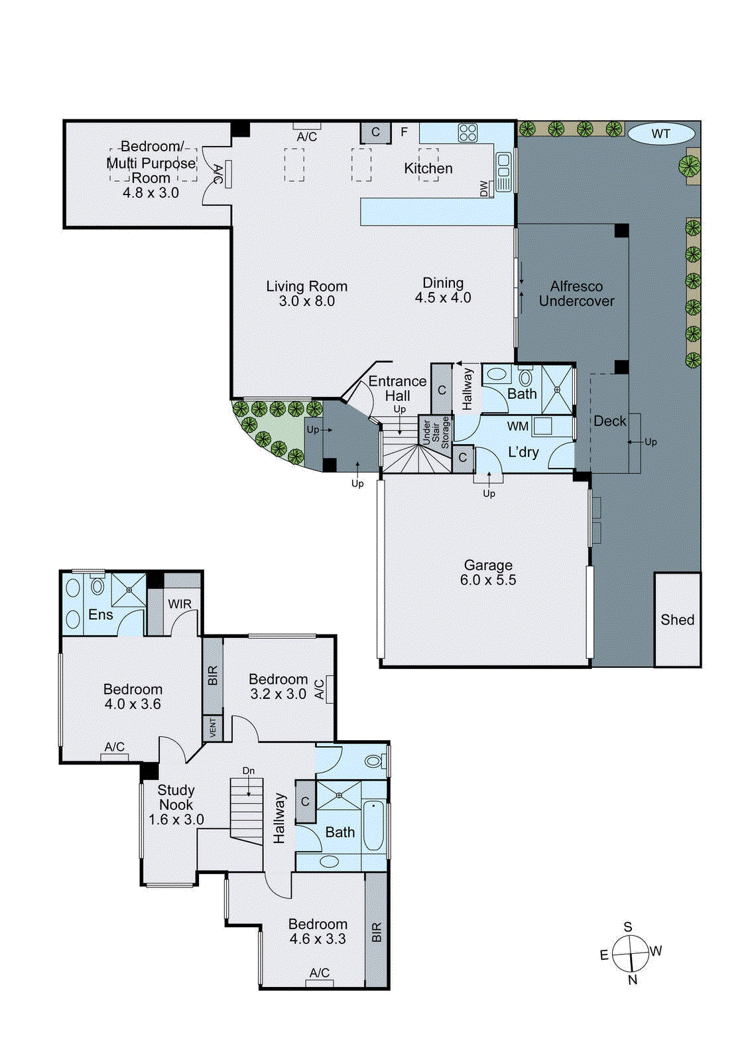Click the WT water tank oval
coord(660,134)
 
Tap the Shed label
coord(677,620)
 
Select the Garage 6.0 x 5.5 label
coord(488,572)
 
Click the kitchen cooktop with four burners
coord(468,133)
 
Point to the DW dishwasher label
coord(484,189)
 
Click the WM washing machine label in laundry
coord(518,426)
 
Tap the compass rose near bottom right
coord(629,953)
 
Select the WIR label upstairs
coord(179,604)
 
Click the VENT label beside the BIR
coord(213,728)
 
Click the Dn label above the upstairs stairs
coord(248,771)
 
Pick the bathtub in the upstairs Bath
coord(373,825)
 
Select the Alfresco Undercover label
coord(576,293)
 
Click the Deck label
coord(609,421)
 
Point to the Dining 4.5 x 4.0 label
coord(443,290)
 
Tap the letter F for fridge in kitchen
coord(404,132)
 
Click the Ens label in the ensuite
coord(101,615)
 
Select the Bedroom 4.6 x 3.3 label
coord(318,931)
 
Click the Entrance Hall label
coord(397,388)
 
